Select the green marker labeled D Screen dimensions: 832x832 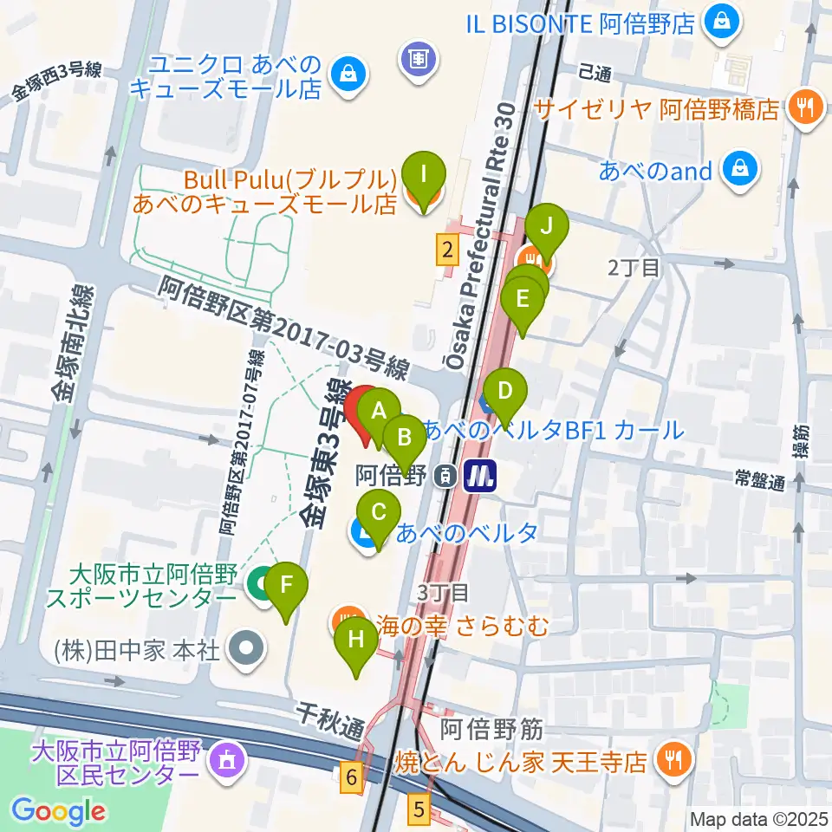tap(505, 391)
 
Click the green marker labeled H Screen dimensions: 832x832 tap(356, 641)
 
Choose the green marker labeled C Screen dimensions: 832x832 tap(379, 512)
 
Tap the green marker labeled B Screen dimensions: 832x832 tap(404, 437)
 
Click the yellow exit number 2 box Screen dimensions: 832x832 tap(446, 251)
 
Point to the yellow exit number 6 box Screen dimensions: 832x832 tap(351, 777)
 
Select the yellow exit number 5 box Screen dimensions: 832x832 tap(419, 810)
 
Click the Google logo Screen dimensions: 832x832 tap(58, 811)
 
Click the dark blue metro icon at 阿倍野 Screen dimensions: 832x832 tap(478, 475)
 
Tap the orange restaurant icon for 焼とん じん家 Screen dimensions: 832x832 tap(672, 761)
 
